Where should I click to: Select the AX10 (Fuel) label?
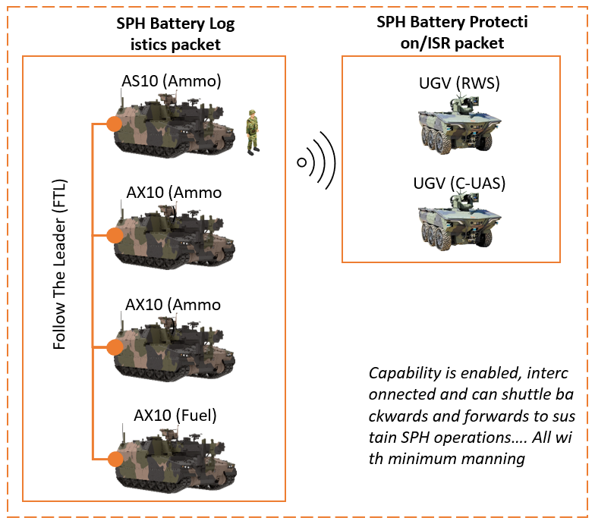point(175,415)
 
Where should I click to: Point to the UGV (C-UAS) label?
point(459,183)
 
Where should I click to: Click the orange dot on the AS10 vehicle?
point(115,124)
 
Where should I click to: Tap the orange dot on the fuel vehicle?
point(115,459)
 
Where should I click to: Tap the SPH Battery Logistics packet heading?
point(175,34)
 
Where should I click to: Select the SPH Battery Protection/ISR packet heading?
point(452,32)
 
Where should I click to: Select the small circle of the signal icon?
point(301,162)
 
